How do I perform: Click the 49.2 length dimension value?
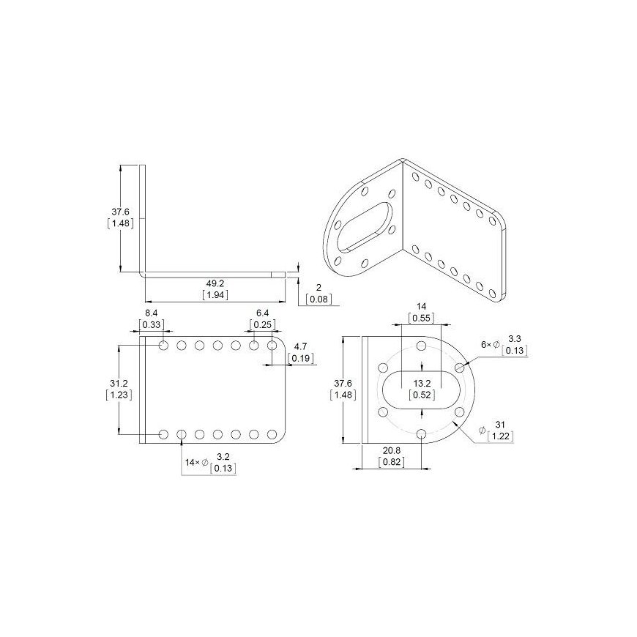click(x=215, y=283)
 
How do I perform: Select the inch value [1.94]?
click(x=215, y=295)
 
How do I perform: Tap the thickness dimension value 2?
click(x=318, y=288)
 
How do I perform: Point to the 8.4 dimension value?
click(x=151, y=313)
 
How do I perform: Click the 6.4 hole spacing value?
click(x=262, y=313)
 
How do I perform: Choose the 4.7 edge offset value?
click(x=300, y=346)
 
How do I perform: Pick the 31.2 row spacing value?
click(x=119, y=383)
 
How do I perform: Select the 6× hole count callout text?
click(x=486, y=345)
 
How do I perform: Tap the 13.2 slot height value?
click(x=422, y=383)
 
